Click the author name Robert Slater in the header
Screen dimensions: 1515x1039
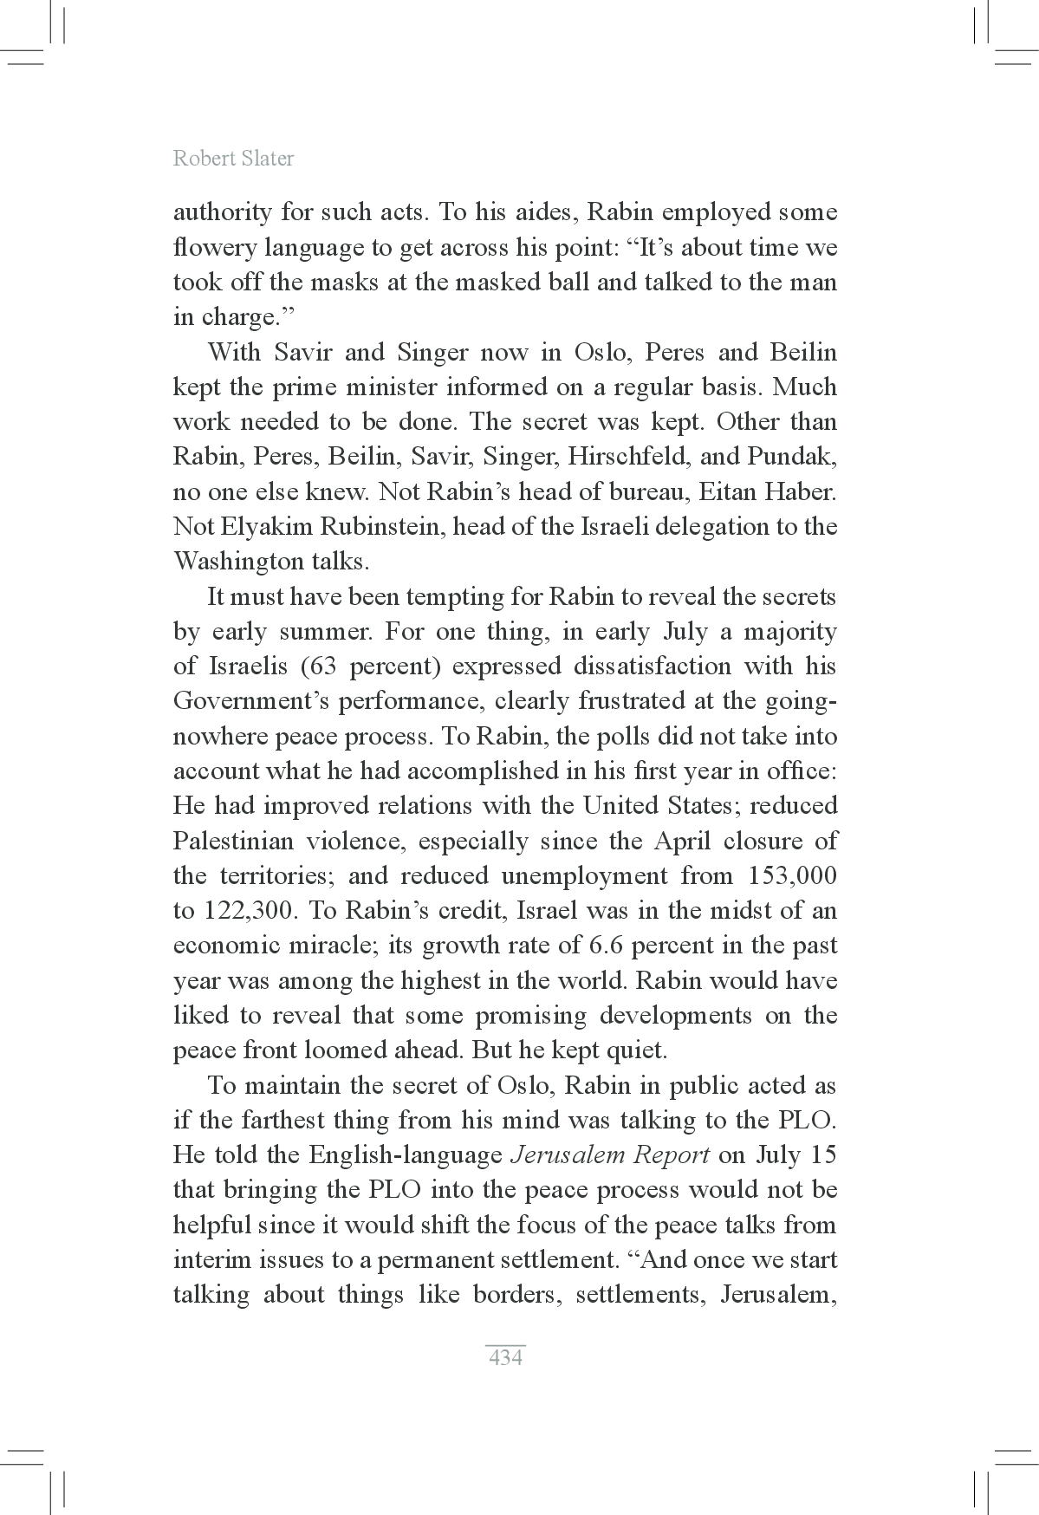[x=233, y=159]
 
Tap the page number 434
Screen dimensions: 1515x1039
[x=505, y=1357]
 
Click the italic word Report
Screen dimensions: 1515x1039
[x=672, y=1155]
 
